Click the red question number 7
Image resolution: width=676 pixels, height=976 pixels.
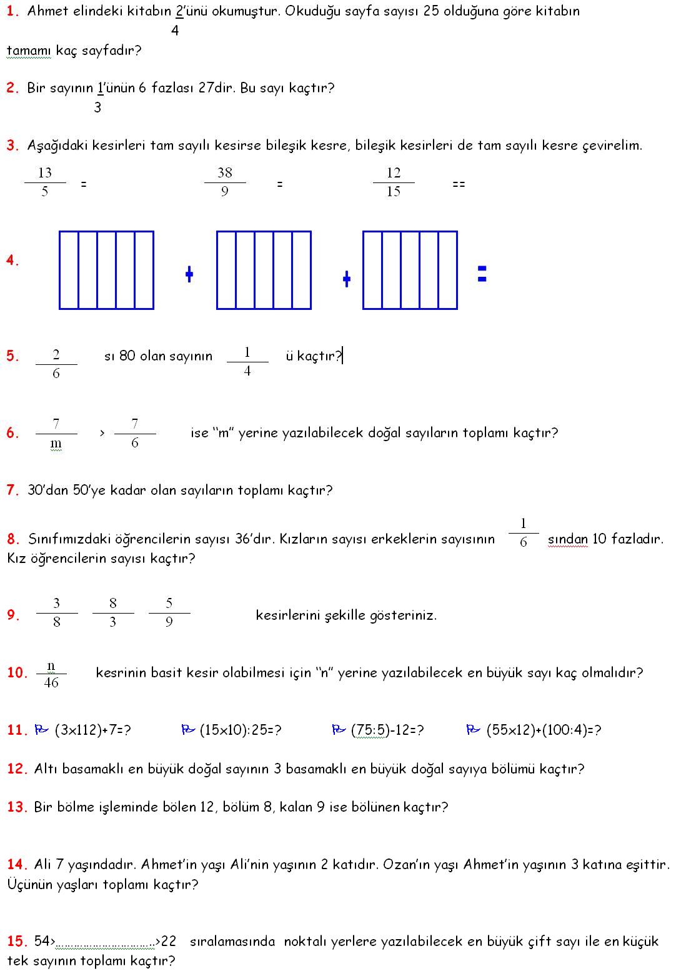pyautogui.click(x=12, y=490)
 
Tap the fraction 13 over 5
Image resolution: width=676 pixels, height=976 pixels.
pyautogui.click(x=45, y=182)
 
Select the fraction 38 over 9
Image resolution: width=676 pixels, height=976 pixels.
pyautogui.click(x=225, y=182)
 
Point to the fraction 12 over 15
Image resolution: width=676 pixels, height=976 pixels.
pyautogui.click(x=394, y=182)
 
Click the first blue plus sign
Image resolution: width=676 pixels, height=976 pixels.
pyautogui.click(x=189, y=274)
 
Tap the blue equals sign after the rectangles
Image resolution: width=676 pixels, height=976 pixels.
pyautogui.click(x=482, y=274)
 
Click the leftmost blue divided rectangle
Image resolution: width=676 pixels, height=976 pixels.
pyautogui.click(x=106, y=270)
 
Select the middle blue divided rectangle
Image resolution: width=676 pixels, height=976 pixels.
pyautogui.click(x=264, y=270)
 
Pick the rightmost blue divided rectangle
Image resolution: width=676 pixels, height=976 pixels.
pyautogui.click(x=410, y=270)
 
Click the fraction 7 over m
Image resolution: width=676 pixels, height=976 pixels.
pyautogui.click(x=56, y=434)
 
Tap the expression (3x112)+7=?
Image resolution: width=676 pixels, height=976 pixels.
pyautogui.click(x=92, y=730)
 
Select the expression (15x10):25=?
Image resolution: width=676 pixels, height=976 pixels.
pyautogui.click(x=240, y=730)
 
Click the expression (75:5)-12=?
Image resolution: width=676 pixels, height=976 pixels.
pyautogui.click(x=387, y=730)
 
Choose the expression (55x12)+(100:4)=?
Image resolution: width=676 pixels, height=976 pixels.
pyautogui.click(x=544, y=730)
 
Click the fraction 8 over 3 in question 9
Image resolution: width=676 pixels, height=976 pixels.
pyautogui.click(x=113, y=612)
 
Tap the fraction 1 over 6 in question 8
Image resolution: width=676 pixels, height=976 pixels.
pyautogui.click(x=524, y=533)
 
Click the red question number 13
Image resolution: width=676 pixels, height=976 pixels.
pyautogui.click(x=17, y=807)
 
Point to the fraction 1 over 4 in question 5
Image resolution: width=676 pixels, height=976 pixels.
pyautogui.click(x=247, y=362)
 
